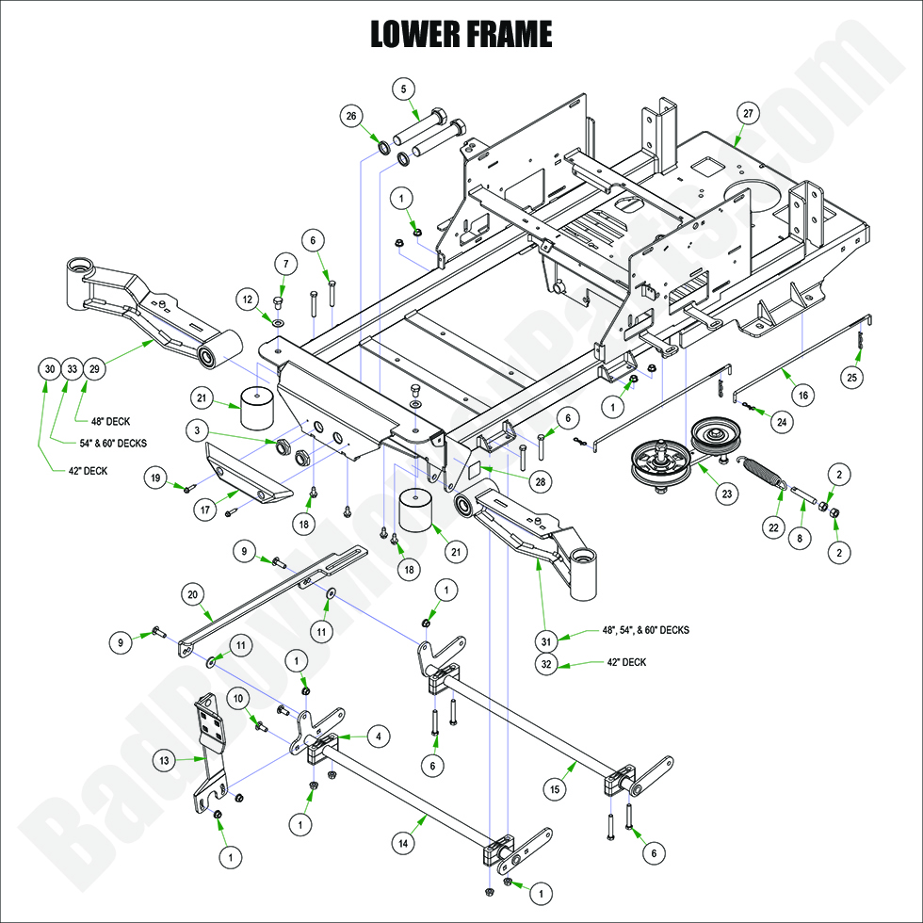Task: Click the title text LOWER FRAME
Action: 461,34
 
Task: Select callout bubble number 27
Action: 748,113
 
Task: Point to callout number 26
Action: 351,116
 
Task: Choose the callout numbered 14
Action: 403,846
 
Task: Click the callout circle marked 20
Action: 192,594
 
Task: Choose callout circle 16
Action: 802,396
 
